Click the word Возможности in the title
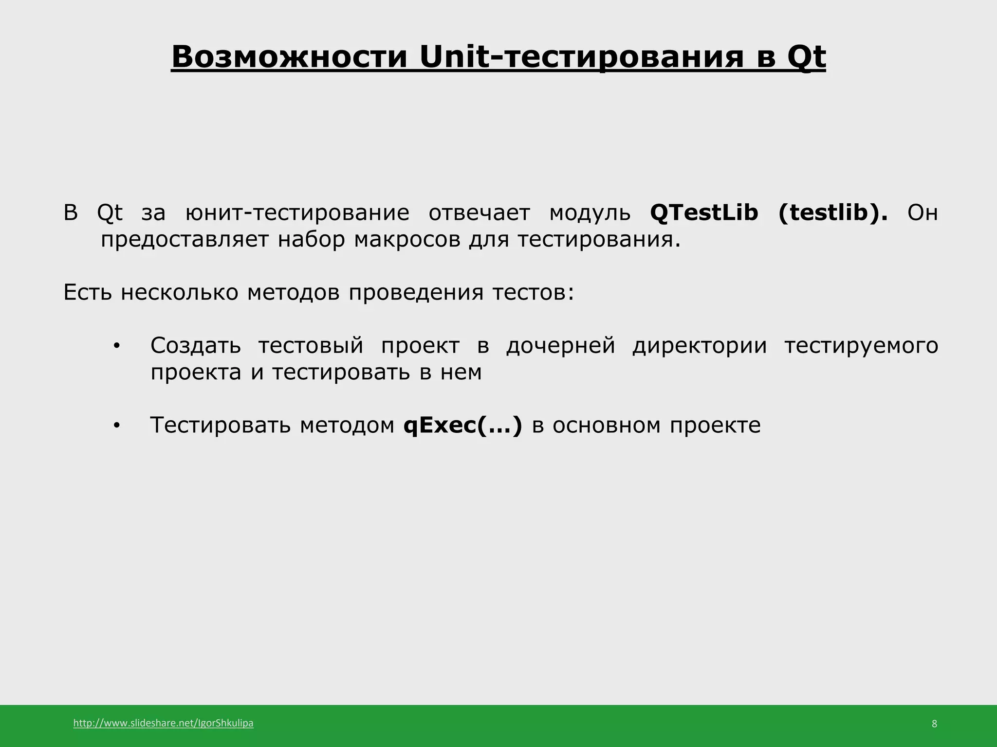pyautogui.click(x=289, y=57)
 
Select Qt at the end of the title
pyautogui.click(x=806, y=58)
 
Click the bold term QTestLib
pyautogui.click(x=704, y=213)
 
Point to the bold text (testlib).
pyautogui.click(x=833, y=213)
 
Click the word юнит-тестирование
pyautogui.click(x=297, y=213)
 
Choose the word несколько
pyautogui.click(x=180, y=292)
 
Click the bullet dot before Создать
pyautogui.click(x=116, y=346)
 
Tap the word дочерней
pyautogui.click(x=560, y=346)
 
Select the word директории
pyautogui.click(x=700, y=346)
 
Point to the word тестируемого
pyautogui.click(x=861, y=346)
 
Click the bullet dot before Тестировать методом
pyautogui.click(x=116, y=426)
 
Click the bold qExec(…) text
pyautogui.click(x=462, y=426)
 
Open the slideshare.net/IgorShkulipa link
pyautogui.click(x=163, y=723)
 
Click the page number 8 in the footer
pyautogui.click(x=934, y=724)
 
